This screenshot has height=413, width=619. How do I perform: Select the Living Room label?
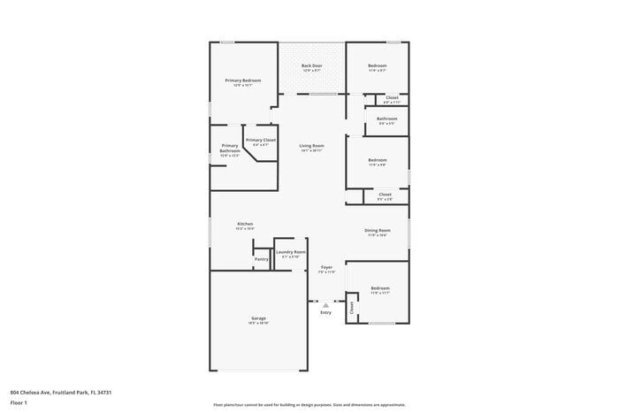311,147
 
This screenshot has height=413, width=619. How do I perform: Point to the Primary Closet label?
261,141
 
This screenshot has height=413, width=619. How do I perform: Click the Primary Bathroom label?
230,149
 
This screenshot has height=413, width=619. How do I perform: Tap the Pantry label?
262,259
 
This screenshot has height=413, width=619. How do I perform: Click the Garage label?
258,319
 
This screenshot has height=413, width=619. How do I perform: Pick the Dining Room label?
378,232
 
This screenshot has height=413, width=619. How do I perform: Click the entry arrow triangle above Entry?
325,304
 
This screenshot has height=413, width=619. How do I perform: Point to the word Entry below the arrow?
325,312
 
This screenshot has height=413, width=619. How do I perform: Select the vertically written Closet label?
351,308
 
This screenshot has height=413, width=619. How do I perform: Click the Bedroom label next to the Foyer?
380,289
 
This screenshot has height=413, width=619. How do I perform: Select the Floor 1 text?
19,402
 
